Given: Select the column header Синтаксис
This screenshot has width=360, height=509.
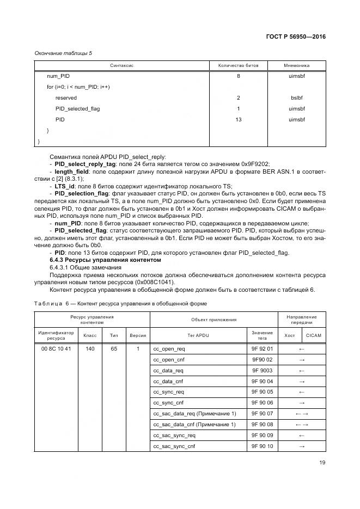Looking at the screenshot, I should coord(123,65).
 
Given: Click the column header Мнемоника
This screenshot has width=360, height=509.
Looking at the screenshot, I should coord(296,65).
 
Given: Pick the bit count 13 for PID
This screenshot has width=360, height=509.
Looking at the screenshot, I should coord(238,119).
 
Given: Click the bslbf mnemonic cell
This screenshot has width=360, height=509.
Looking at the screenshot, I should coord(296,97).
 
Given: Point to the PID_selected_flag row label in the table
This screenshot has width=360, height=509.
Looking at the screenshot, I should coord(77,108).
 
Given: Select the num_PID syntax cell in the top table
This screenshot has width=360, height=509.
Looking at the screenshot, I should coord(58,76).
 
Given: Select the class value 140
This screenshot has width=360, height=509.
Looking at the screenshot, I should coord(90,348).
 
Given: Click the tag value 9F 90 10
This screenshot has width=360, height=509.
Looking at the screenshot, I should coord(262,446).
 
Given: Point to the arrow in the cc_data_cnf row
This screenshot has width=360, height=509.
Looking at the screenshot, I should coord(302,381).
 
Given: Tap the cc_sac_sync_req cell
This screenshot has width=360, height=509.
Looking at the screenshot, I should coord(174,435).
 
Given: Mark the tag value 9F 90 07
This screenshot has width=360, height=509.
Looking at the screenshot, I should coord(262,413).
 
